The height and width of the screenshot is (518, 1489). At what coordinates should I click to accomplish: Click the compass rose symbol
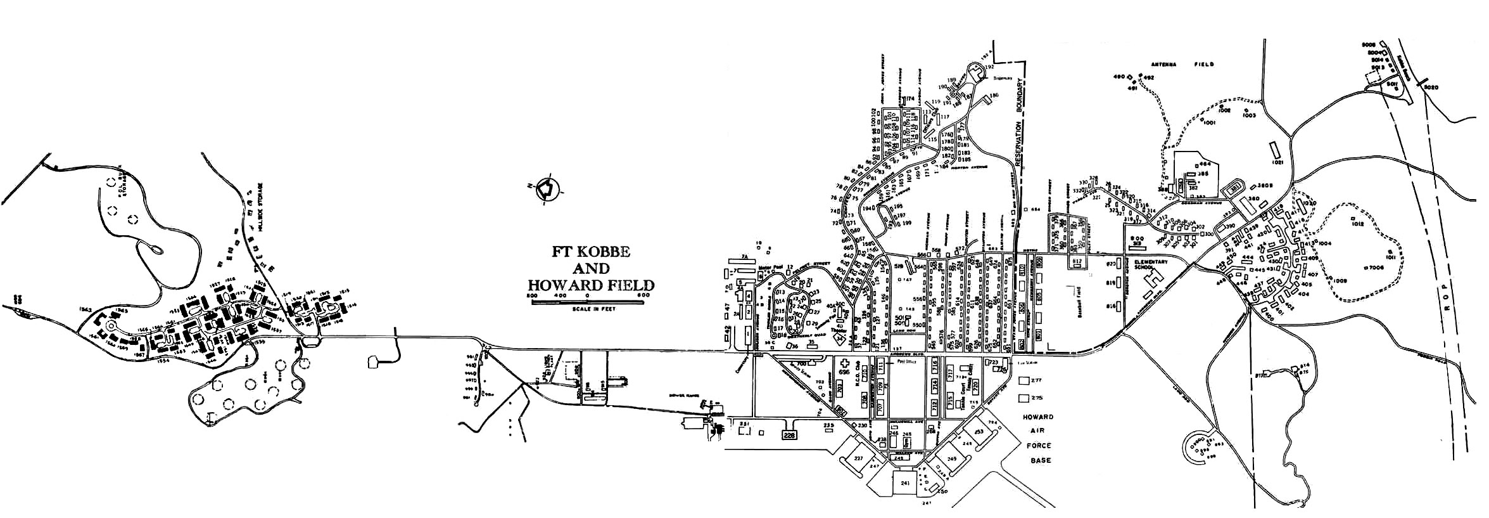pyautogui.click(x=545, y=188)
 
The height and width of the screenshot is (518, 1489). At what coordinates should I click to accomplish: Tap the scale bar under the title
pyautogui.click(x=587, y=303)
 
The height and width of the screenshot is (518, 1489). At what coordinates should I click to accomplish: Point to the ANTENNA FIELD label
pyautogui.click(x=1183, y=65)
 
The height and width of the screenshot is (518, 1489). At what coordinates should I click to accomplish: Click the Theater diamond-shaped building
pyautogui.click(x=840, y=339)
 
